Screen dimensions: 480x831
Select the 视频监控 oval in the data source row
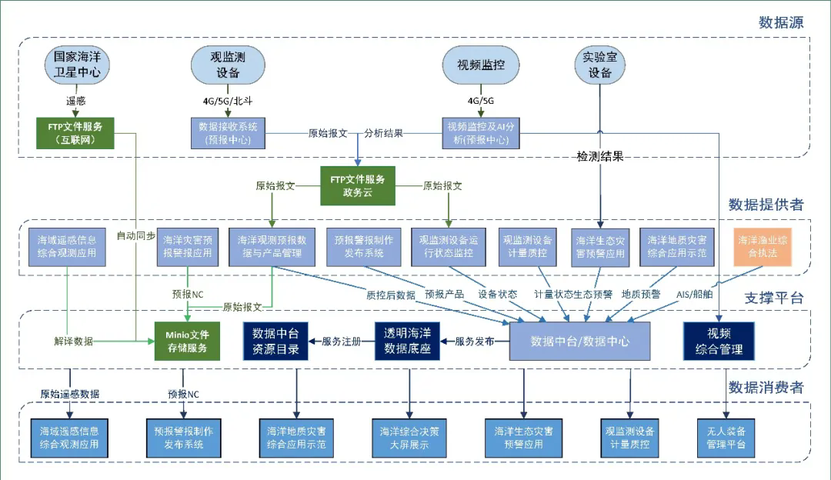click(x=481, y=65)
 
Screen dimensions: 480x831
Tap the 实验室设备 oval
click(x=600, y=65)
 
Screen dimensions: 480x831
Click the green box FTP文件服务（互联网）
click(x=75, y=132)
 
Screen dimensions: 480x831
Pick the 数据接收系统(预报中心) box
click(x=228, y=132)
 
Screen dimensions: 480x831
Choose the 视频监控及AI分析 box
click(x=481, y=132)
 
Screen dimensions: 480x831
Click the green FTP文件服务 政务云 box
click(x=357, y=186)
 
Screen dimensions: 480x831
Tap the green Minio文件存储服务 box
click(x=187, y=342)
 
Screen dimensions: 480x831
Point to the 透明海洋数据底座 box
click(x=407, y=342)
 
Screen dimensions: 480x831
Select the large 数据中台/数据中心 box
click(x=579, y=342)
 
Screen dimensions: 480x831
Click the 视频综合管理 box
click(x=719, y=342)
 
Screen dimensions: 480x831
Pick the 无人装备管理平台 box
click(x=727, y=437)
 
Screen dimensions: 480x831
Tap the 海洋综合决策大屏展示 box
click(x=409, y=437)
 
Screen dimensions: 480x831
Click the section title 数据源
click(x=780, y=22)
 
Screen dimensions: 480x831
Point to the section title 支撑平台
click(x=774, y=298)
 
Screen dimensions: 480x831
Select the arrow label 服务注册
click(x=342, y=342)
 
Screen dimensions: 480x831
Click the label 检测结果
click(x=600, y=156)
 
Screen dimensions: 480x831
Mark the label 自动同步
click(x=136, y=235)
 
